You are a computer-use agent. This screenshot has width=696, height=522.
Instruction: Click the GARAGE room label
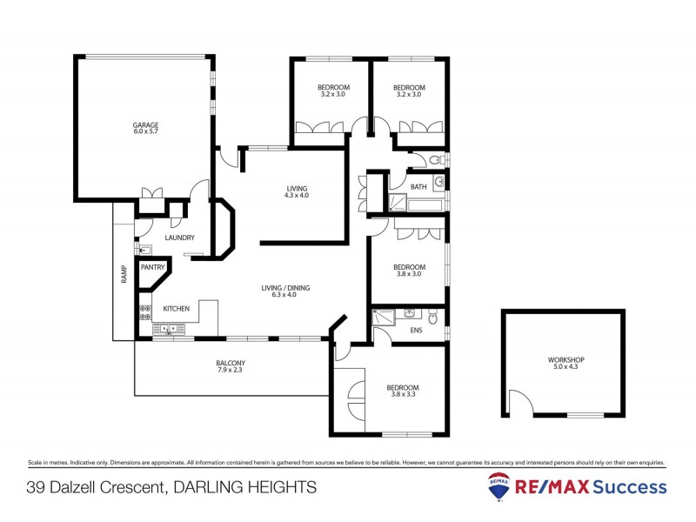[145, 124]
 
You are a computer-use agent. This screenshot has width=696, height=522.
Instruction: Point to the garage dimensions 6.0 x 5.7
[145, 133]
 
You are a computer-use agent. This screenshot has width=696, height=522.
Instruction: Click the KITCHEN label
[177, 309]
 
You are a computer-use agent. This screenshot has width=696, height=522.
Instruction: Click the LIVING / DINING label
[285, 288]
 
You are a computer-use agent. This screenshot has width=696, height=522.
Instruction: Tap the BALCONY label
[231, 363]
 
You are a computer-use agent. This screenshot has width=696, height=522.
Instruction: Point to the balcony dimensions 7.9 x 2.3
[231, 371]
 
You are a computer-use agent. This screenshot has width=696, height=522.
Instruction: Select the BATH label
[418, 186]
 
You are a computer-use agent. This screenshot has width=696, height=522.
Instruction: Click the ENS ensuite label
[418, 331]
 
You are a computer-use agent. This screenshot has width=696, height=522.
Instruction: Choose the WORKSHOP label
[565, 359]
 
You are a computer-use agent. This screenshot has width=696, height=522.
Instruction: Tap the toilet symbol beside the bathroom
[438, 160]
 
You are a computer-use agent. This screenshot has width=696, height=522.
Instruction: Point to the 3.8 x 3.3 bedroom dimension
[404, 397]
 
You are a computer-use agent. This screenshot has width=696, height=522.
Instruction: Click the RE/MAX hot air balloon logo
[499, 485]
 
